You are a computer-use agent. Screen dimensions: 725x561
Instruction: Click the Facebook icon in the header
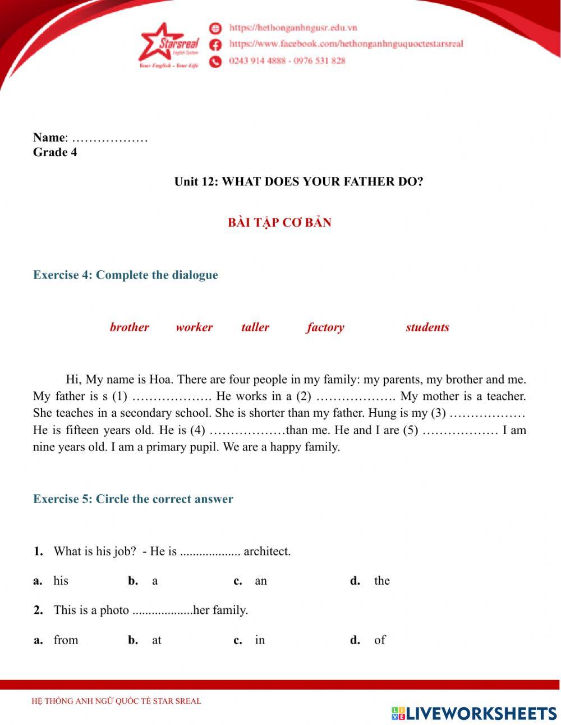(x=215, y=44)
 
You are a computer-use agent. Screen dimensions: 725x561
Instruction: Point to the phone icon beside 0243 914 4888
(x=215, y=61)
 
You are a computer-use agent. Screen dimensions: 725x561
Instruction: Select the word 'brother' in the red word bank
(x=129, y=327)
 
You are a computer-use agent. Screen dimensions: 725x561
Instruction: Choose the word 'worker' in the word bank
(x=194, y=327)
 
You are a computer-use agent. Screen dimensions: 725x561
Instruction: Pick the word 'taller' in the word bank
(x=255, y=327)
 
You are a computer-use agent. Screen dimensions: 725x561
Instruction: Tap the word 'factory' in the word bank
(x=325, y=327)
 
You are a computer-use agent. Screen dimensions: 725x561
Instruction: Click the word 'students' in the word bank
(x=427, y=327)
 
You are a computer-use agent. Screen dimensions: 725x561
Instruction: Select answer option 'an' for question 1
(x=261, y=581)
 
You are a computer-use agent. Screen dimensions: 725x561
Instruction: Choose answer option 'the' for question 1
(x=382, y=581)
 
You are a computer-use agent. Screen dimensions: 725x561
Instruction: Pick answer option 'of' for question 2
(x=380, y=640)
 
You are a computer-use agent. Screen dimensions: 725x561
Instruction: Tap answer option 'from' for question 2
(x=66, y=640)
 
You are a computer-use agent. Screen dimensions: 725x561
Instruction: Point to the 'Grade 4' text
(x=55, y=152)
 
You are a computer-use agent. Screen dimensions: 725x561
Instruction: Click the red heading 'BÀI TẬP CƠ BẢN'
(x=279, y=222)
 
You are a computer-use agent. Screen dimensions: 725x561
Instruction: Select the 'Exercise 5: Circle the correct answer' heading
(x=133, y=499)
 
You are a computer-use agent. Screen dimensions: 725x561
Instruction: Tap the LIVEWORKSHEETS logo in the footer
(x=474, y=713)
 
